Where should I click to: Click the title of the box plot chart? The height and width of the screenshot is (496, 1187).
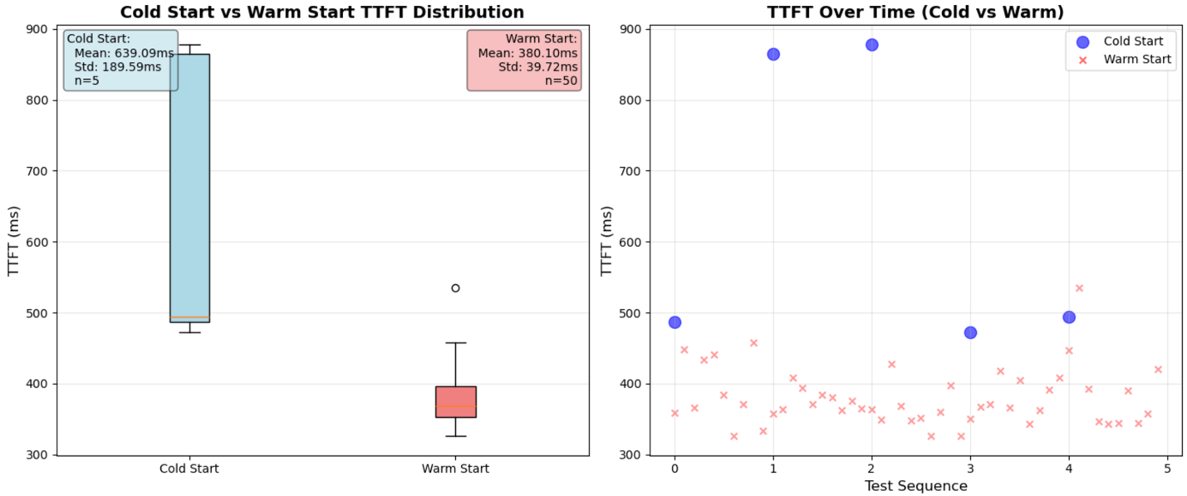click(x=322, y=12)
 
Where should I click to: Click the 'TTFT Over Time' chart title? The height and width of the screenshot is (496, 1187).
click(x=915, y=12)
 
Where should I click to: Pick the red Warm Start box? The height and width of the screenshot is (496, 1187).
click(x=455, y=401)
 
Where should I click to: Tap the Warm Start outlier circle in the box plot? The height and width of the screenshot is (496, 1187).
click(x=455, y=288)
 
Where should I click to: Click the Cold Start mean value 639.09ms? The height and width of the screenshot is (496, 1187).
click(x=125, y=53)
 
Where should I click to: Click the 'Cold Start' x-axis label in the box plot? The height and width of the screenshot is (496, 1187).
click(x=189, y=469)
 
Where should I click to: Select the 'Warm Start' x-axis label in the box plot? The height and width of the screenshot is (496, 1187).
click(x=455, y=469)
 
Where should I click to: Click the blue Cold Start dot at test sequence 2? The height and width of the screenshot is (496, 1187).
click(x=871, y=45)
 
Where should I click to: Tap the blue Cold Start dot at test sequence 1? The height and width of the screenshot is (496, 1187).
click(x=773, y=54)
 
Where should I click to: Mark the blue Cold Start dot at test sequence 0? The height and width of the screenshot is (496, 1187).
click(x=674, y=322)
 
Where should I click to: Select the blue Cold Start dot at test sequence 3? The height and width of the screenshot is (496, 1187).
click(x=970, y=332)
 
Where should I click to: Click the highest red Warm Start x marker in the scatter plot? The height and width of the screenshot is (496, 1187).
click(x=1079, y=288)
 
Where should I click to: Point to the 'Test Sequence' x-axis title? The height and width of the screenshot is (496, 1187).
click(x=915, y=486)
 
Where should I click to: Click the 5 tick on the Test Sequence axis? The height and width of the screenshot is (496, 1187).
click(x=1167, y=469)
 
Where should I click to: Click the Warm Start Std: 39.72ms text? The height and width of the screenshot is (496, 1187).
click(x=537, y=66)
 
